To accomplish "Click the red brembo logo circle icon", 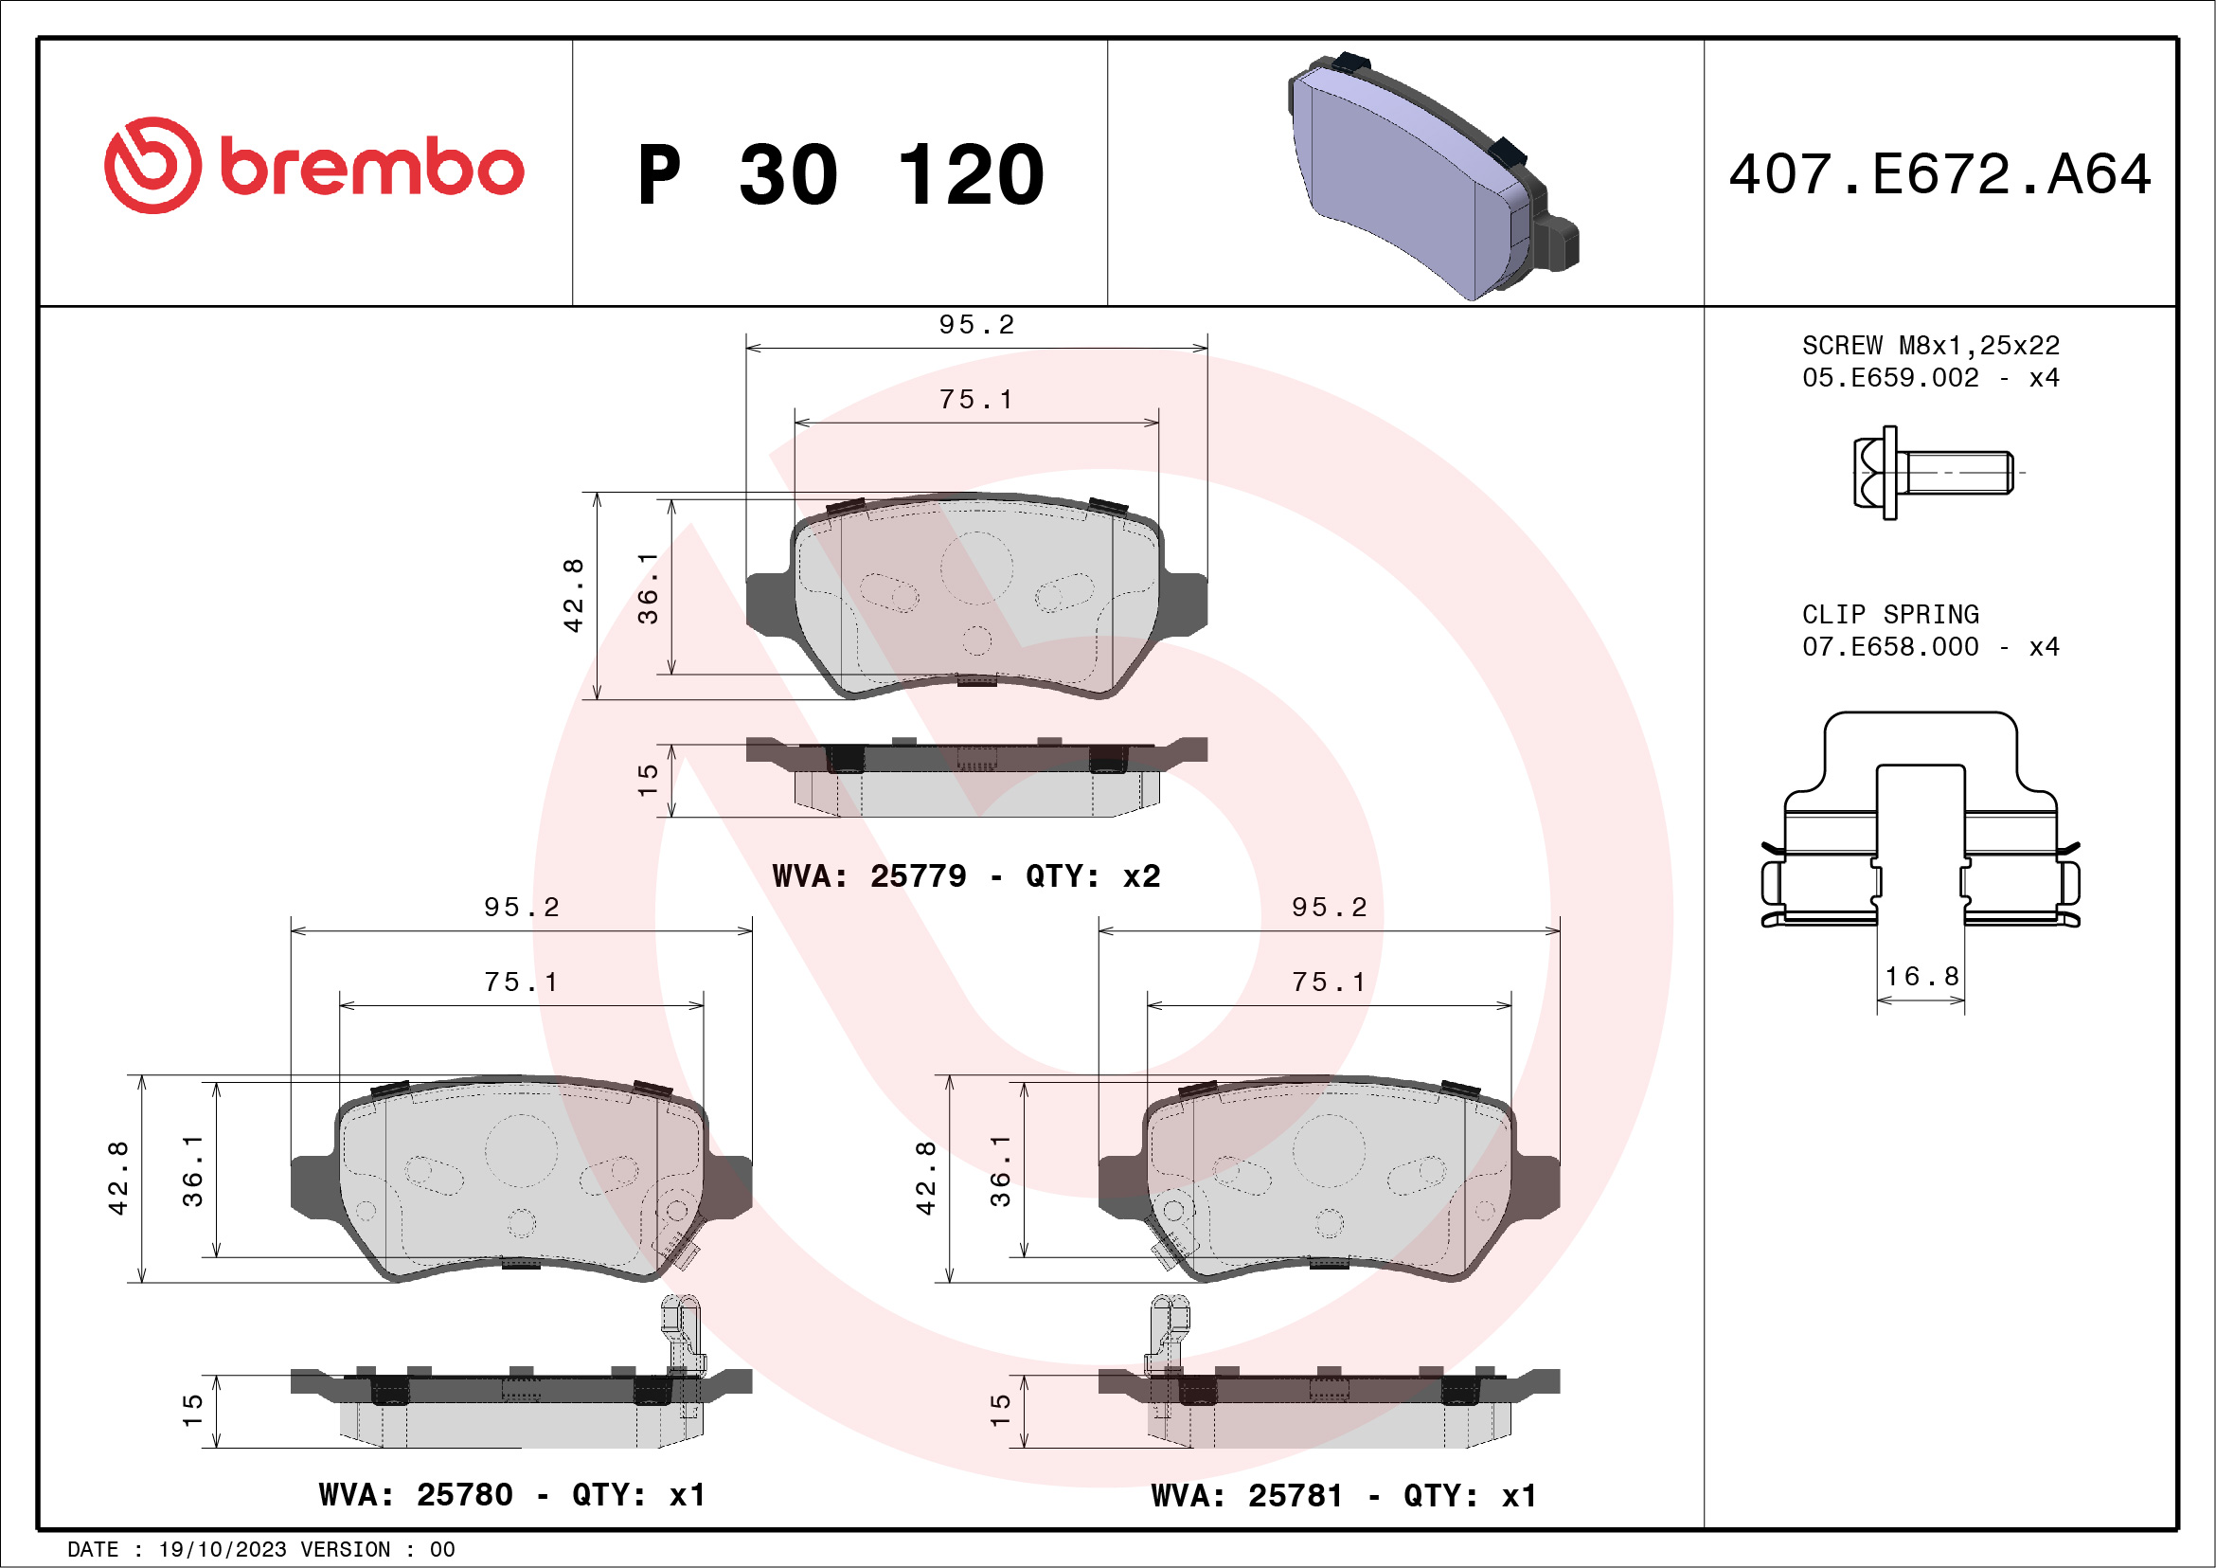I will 152,165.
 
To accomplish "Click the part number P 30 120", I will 840,174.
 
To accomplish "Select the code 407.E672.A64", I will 1939,174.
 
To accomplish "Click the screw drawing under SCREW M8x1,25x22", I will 1930,472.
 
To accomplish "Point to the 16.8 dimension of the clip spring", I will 1921,976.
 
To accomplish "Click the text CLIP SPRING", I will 1890,614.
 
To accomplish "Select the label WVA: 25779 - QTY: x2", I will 965,875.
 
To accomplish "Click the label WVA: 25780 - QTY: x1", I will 511,1495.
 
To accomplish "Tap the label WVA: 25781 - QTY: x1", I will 1343,1496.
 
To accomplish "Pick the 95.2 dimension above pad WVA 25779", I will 975,325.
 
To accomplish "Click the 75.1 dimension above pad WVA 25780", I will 520,982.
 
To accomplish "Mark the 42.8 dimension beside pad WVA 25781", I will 924,1177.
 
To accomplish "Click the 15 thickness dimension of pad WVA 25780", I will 192,1411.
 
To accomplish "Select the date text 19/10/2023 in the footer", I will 222,1550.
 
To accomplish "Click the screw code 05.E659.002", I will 1890,377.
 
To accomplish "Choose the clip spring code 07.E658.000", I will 1890,647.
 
